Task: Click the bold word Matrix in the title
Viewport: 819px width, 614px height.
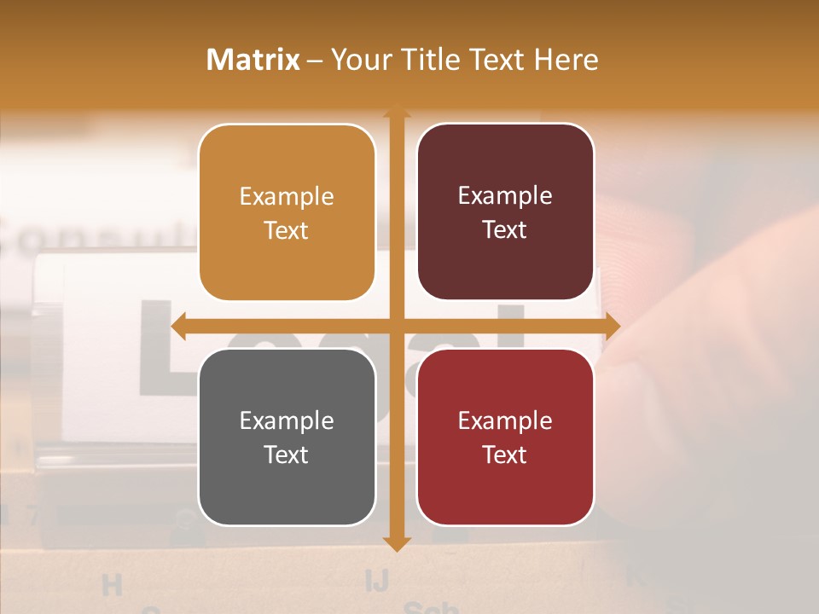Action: [x=253, y=60]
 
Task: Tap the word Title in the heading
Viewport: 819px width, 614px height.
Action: [x=431, y=60]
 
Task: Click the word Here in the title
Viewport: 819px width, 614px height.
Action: [x=566, y=60]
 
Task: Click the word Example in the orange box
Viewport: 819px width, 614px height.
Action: [x=287, y=197]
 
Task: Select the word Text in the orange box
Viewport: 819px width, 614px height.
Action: [x=287, y=230]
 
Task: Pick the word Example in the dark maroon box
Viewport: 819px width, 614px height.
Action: [x=505, y=196]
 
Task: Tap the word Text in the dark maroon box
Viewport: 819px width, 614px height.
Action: [x=505, y=229]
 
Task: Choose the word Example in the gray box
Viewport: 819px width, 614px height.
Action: [x=287, y=421]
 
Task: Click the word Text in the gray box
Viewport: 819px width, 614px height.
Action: [x=287, y=455]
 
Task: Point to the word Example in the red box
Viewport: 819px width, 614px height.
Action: [x=505, y=421]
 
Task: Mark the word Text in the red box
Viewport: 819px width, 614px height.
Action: [x=505, y=455]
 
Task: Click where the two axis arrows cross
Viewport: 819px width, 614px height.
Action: [x=396, y=327]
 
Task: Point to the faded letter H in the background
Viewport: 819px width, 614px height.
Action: [x=112, y=585]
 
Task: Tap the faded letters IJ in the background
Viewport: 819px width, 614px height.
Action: [x=376, y=581]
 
